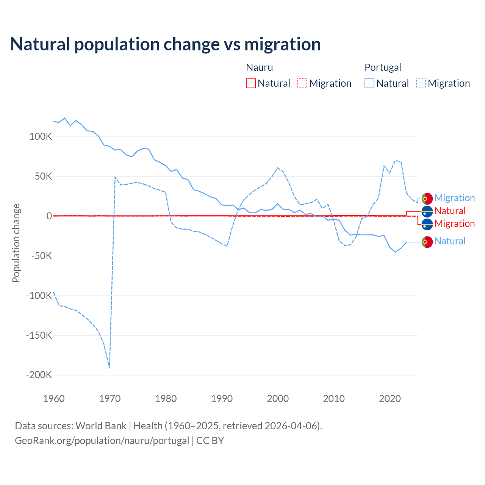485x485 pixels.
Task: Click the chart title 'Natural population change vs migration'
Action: (166, 44)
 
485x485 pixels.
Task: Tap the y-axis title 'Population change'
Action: (16, 243)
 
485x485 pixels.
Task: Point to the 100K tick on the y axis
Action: (41, 137)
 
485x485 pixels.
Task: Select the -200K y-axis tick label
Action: (39, 375)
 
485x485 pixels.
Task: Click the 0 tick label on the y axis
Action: (49, 216)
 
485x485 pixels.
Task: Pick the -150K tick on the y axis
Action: (39, 335)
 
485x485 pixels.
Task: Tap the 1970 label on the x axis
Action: (110, 399)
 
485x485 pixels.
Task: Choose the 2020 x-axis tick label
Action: (390, 399)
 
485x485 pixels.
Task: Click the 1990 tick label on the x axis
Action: (222, 399)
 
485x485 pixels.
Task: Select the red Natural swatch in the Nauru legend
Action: (251, 83)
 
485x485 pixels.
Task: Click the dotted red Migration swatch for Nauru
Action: (302, 83)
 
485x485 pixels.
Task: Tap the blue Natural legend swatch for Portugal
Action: (369, 83)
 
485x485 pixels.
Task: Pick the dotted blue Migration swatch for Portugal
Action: (421, 83)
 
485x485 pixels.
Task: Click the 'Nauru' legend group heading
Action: (260, 67)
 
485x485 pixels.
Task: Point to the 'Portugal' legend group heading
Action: (383, 67)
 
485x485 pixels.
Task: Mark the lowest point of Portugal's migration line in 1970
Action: (110, 368)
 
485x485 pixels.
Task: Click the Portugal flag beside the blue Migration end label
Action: (427, 199)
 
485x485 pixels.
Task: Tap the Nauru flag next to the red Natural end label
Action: (427, 211)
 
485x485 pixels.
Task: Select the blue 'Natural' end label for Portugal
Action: (450, 241)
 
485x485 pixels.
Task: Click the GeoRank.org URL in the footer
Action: (102, 441)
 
